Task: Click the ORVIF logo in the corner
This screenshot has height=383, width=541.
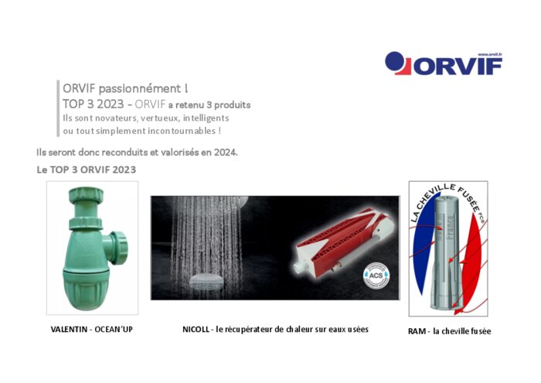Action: (x=444, y=63)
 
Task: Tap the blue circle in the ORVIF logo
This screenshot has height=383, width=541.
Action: (x=394, y=61)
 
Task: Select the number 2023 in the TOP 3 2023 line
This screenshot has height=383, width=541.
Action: (x=110, y=104)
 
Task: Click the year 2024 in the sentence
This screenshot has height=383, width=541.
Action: (x=226, y=152)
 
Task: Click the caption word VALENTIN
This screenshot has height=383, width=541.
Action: (x=69, y=330)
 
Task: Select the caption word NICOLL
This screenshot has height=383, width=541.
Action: (x=196, y=330)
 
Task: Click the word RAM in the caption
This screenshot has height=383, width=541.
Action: (x=416, y=331)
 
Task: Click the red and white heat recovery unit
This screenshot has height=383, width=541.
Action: (x=342, y=238)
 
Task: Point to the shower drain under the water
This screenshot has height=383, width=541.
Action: (x=207, y=281)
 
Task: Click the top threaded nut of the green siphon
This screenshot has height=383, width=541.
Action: (x=86, y=196)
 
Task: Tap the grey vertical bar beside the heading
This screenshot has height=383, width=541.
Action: (x=58, y=108)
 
